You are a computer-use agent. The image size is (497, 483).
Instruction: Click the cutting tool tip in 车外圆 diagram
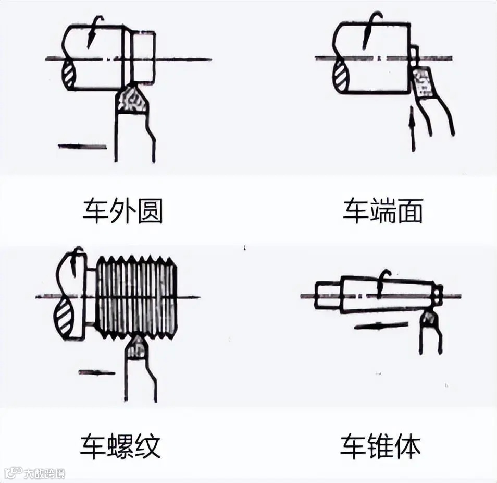point(132,99)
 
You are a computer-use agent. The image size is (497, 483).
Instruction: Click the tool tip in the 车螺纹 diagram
point(136,347)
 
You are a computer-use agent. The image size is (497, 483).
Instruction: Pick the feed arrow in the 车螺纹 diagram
point(97,372)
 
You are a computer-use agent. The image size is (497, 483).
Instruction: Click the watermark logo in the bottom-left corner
point(34,474)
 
